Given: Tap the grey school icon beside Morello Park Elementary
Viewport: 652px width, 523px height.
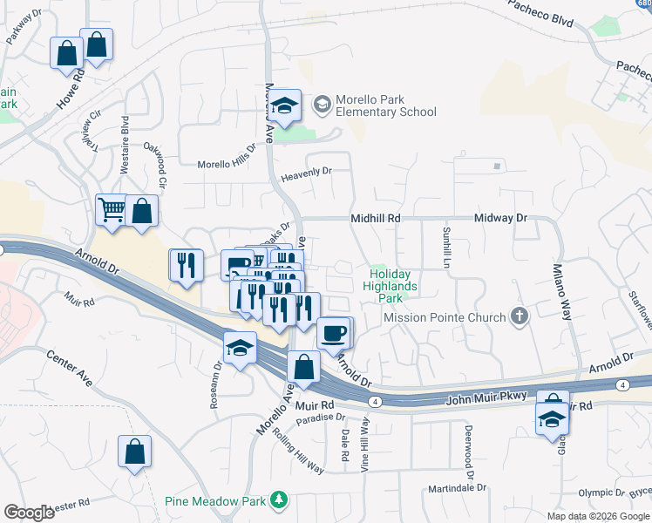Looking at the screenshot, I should pyautogui.click(x=323, y=105).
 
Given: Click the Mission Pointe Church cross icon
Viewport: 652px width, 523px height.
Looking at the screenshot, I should pyautogui.click(x=520, y=316).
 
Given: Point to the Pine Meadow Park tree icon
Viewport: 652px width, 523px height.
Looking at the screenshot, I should pyautogui.click(x=279, y=500).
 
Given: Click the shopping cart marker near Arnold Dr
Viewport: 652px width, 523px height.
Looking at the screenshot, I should pyautogui.click(x=112, y=209).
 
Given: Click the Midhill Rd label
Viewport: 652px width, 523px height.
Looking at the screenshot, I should pyautogui.click(x=375, y=218).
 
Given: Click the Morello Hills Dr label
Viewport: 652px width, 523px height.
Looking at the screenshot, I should pyautogui.click(x=227, y=164).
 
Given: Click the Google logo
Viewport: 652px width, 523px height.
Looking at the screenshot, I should pyautogui.click(x=30, y=513).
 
